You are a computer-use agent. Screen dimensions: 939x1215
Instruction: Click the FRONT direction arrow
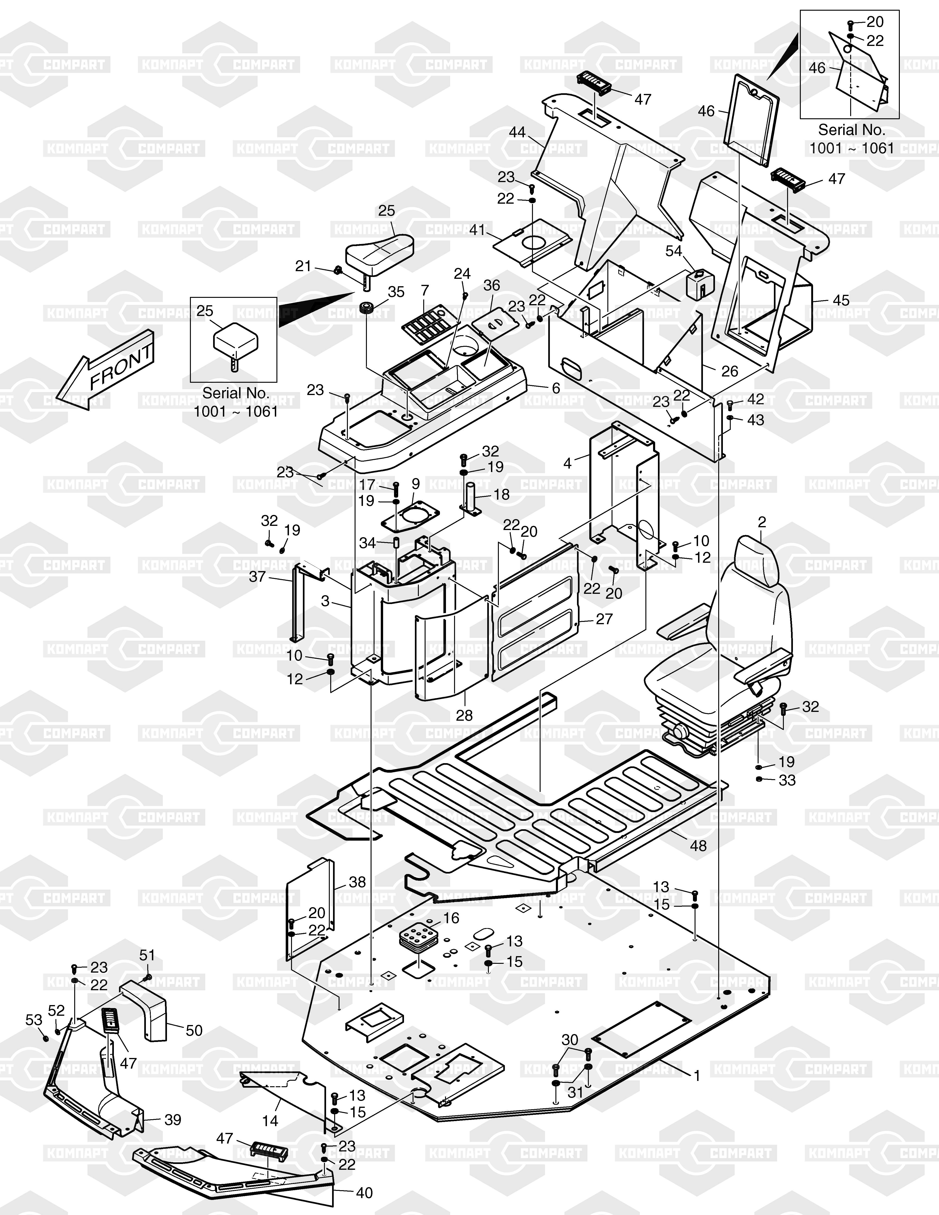106,370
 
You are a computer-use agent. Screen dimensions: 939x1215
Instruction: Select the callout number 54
674,251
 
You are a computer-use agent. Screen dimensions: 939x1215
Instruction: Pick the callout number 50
194,1030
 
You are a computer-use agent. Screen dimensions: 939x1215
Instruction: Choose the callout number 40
364,1193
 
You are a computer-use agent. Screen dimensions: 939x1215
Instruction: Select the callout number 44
517,132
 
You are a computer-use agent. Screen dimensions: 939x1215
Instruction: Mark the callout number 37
257,576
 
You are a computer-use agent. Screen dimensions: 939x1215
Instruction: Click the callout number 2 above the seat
762,522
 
